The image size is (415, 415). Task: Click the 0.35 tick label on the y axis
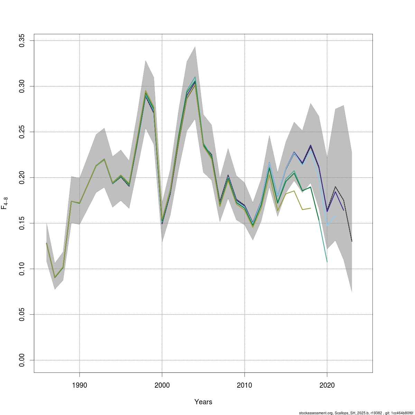point(22,41)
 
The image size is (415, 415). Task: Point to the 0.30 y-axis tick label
point(22,86)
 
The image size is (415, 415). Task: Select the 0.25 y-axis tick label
point(22,132)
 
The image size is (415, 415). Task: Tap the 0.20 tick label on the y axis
point(22,177)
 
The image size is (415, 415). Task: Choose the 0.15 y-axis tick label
point(22,223)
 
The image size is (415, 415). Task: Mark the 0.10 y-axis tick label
point(22,269)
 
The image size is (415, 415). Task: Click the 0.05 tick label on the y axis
point(22,314)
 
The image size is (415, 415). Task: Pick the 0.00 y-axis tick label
point(22,360)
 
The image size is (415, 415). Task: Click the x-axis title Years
point(203,402)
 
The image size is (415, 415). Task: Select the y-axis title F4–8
point(5,203)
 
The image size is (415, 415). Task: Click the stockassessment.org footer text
point(356,413)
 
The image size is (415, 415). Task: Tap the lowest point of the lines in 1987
point(55,278)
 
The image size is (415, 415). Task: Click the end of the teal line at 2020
point(327,262)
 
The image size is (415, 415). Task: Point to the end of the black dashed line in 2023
point(352,241)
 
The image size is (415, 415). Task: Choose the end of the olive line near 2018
point(311,208)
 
